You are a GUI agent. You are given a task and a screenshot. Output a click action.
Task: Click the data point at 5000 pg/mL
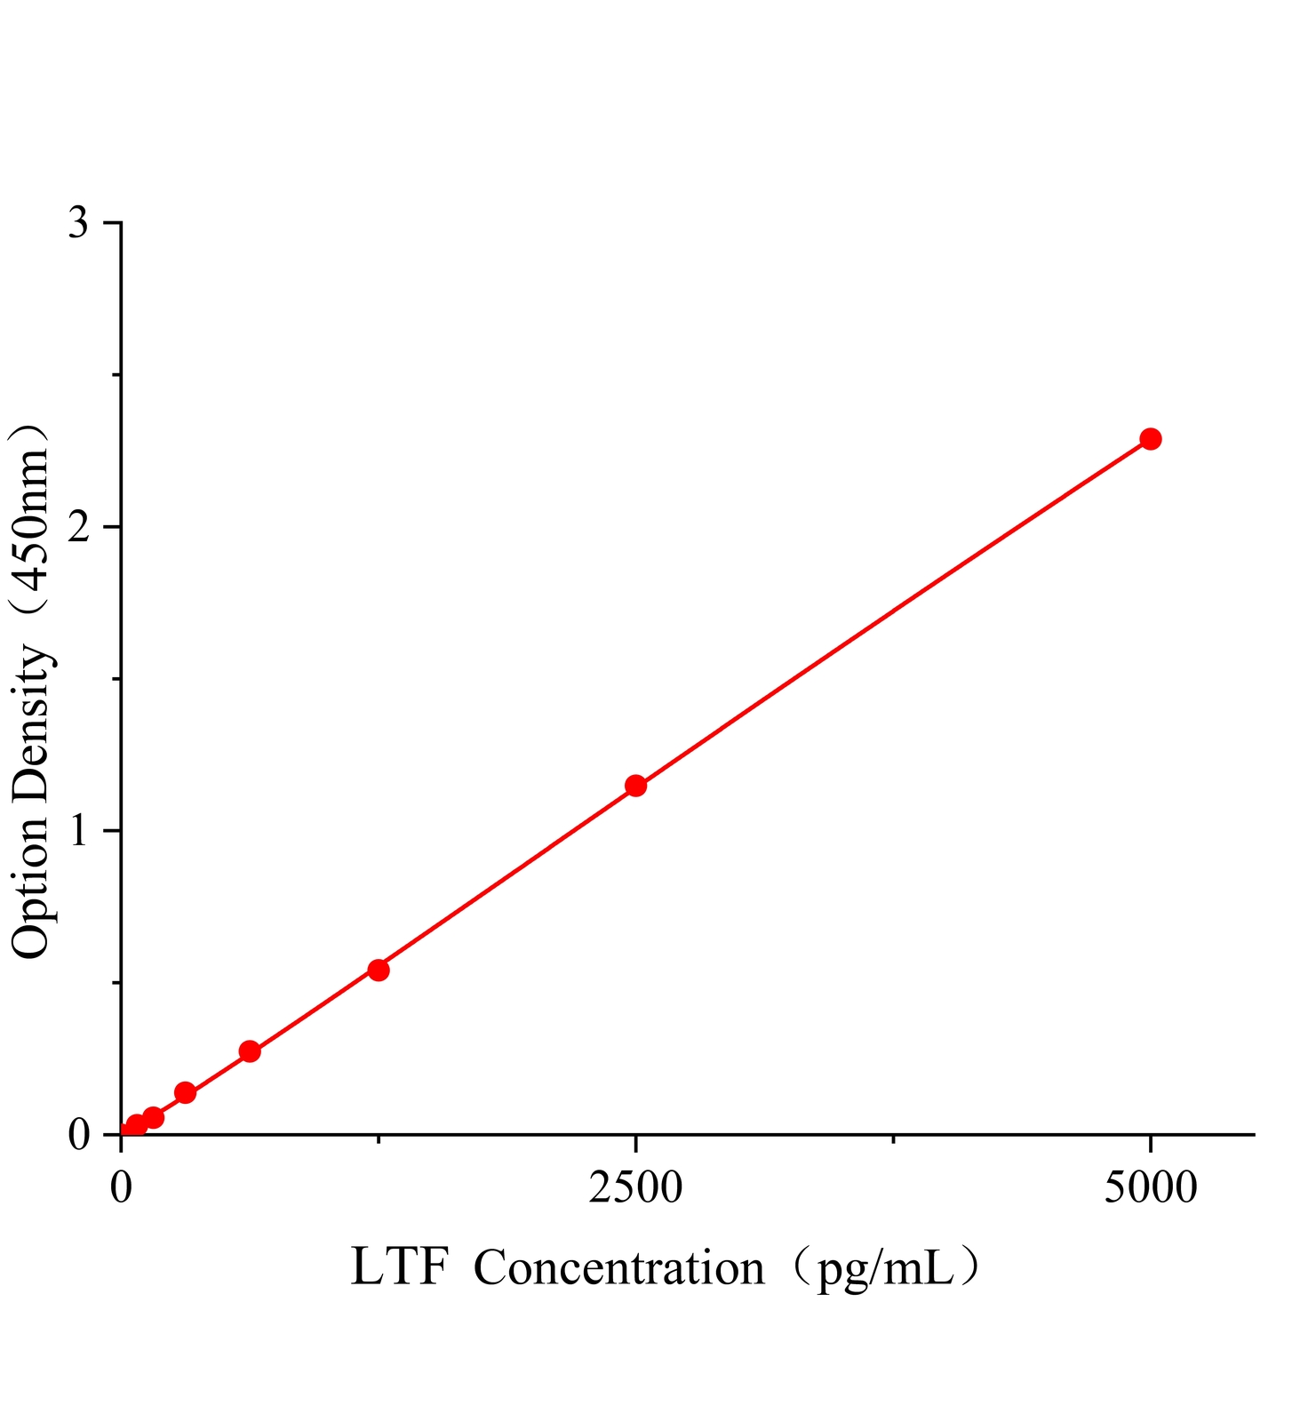(x=1150, y=439)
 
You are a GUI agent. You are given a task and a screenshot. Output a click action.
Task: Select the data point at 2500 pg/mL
(x=635, y=786)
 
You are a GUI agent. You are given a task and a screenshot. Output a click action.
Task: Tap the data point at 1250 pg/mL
(x=379, y=970)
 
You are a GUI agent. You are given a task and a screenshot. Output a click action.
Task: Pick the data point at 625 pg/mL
(x=250, y=1051)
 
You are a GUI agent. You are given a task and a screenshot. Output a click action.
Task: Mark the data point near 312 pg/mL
(x=185, y=1092)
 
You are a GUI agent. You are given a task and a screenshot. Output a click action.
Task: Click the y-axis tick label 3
(x=79, y=223)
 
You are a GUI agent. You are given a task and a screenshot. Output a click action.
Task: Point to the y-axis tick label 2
(x=79, y=527)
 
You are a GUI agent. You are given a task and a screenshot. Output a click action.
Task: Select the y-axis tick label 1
(x=79, y=831)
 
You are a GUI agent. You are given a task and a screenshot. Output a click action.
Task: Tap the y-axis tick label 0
(x=79, y=1135)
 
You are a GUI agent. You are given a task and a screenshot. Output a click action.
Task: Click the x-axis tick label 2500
(x=635, y=1187)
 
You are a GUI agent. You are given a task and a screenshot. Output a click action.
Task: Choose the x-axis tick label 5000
(x=1150, y=1187)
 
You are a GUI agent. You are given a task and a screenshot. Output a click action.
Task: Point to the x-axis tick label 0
(x=121, y=1187)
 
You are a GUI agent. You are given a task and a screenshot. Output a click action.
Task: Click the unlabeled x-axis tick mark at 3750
(x=893, y=1138)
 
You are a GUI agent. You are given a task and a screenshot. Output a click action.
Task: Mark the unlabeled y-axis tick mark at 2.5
(x=116, y=375)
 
